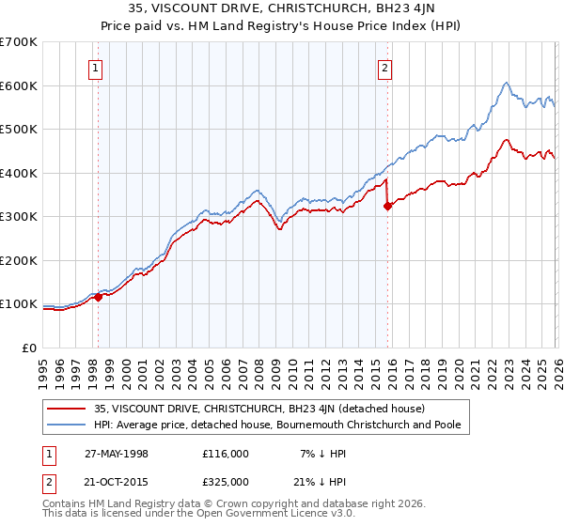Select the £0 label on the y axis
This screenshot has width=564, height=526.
pyautogui.click(x=30, y=348)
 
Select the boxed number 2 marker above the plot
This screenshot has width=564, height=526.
pyautogui.click(x=385, y=67)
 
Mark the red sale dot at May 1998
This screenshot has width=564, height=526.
pyautogui.click(x=98, y=298)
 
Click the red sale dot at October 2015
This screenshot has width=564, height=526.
pyautogui.click(x=387, y=207)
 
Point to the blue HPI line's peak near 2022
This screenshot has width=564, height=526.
pyautogui.click(x=506, y=83)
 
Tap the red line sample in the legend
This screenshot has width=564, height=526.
pyautogui.click(x=68, y=409)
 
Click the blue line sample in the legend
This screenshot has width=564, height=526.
pyautogui.click(x=68, y=425)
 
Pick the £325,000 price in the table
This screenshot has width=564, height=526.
pyautogui.click(x=226, y=481)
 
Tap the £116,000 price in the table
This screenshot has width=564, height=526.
pyautogui.click(x=226, y=454)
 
